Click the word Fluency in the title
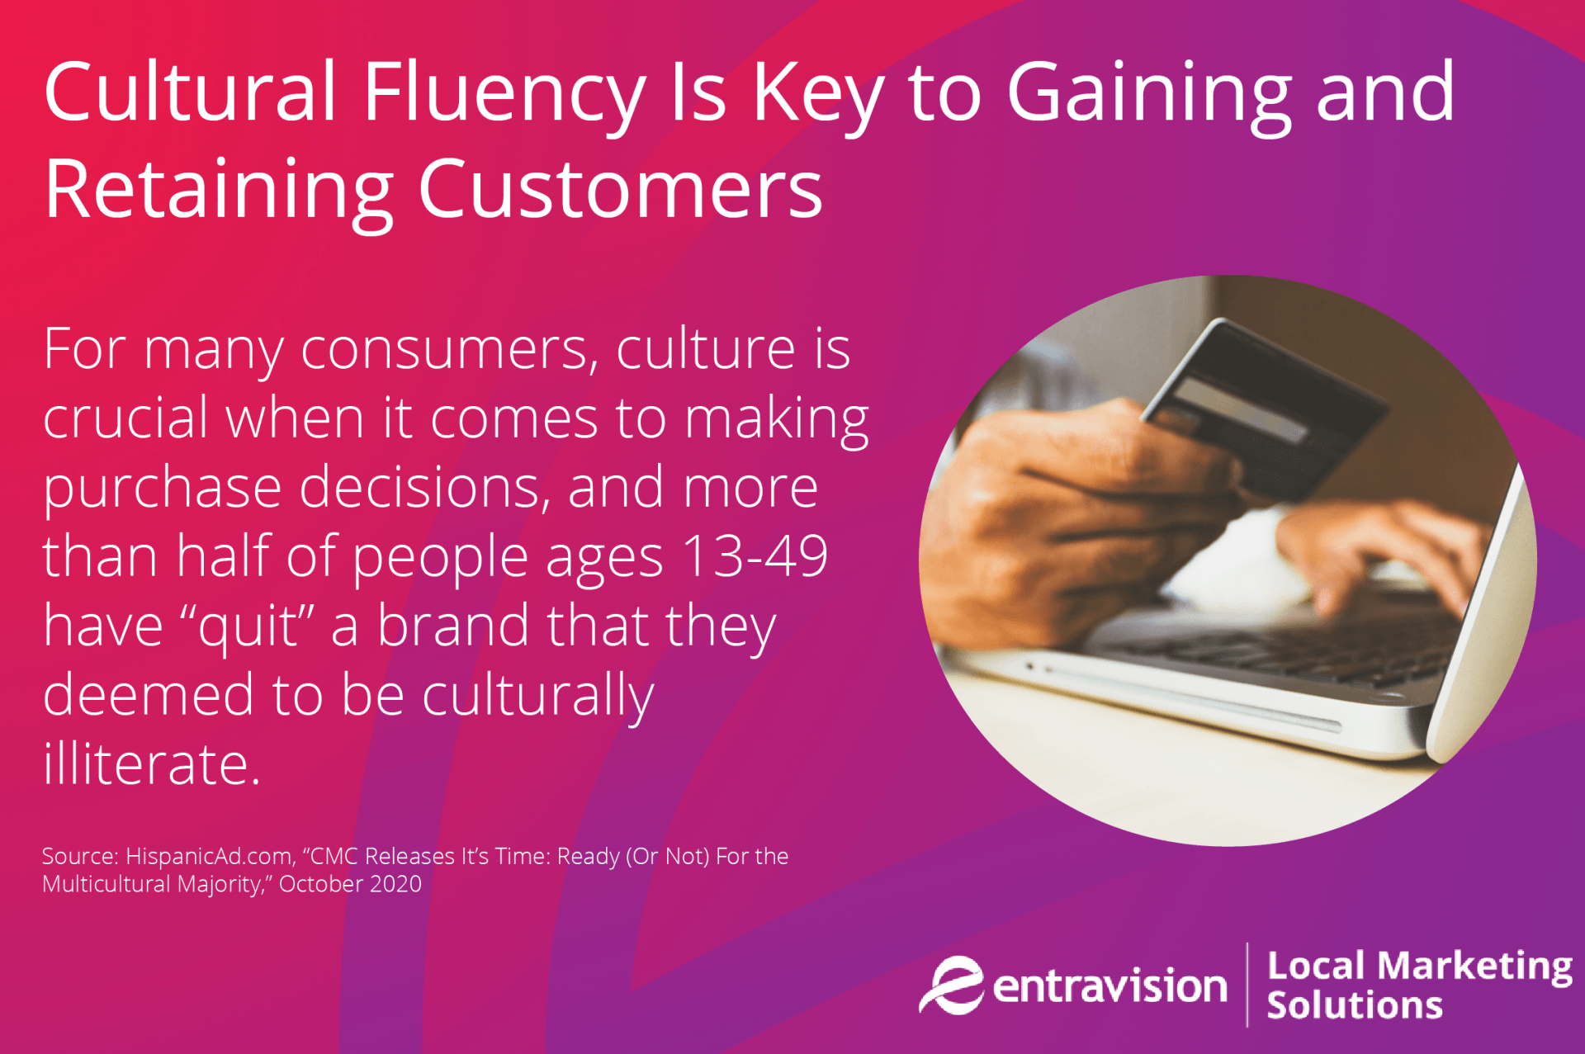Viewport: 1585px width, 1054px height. tap(504, 93)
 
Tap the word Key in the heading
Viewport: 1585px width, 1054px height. tap(818, 93)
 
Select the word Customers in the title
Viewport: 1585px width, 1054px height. tap(620, 191)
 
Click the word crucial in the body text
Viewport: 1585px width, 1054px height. tap(125, 418)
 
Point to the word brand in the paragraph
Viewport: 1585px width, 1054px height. tap(452, 625)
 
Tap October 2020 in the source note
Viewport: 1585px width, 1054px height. tap(350, 884)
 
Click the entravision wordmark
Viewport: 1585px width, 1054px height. tap(1109, 987)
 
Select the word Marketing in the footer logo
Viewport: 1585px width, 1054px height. tap(1475, 966)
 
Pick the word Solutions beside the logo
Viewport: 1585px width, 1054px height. tap(1354, 1005)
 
